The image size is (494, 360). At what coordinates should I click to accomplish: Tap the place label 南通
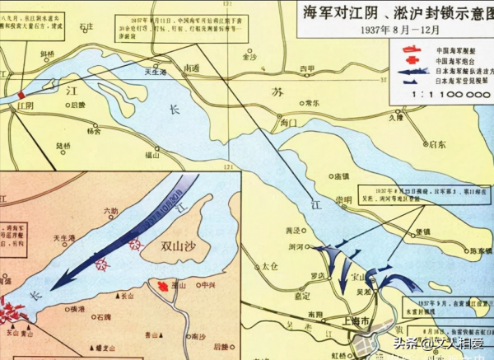(192, 68)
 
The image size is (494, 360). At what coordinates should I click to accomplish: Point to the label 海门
(287, 122)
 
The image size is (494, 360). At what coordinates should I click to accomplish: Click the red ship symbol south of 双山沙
(162, 284)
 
